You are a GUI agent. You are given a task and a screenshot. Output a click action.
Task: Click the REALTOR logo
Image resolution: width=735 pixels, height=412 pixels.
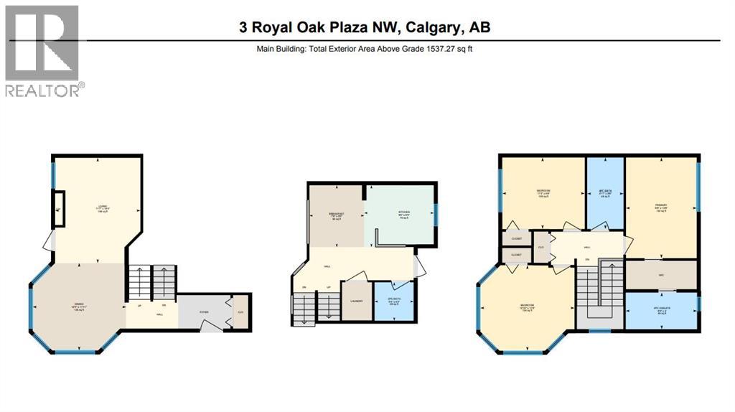[x=43, y=50]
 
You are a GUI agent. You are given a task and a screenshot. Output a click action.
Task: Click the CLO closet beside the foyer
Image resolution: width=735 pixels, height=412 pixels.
[x=240, y=312]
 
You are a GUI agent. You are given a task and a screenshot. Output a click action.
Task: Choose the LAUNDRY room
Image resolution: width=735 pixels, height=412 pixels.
[x=355, y=301]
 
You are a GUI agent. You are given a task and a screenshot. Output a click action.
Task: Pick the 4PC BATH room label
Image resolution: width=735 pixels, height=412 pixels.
[x=604, y=194]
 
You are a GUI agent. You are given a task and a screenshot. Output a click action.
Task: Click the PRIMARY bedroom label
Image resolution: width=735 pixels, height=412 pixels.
[x=661, y=208]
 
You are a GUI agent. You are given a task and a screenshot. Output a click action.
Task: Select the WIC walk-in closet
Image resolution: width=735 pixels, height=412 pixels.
[x=661, y=274]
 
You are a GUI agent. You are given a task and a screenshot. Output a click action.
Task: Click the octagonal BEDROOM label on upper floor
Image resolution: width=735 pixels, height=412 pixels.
[x=528, y=309]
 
